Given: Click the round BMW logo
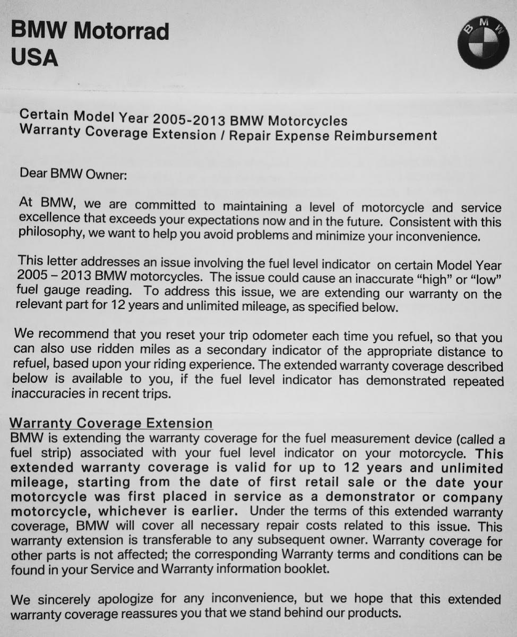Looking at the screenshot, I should pyautogui.click(x=483, y=42).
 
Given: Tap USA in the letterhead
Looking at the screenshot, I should pyautogui.click(x=34, y=57).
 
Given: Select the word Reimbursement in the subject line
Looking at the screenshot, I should pyautogui.click(x=385, y=135).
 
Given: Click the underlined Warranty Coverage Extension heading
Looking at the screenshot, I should pyautogui.click(x=111, y=423).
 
